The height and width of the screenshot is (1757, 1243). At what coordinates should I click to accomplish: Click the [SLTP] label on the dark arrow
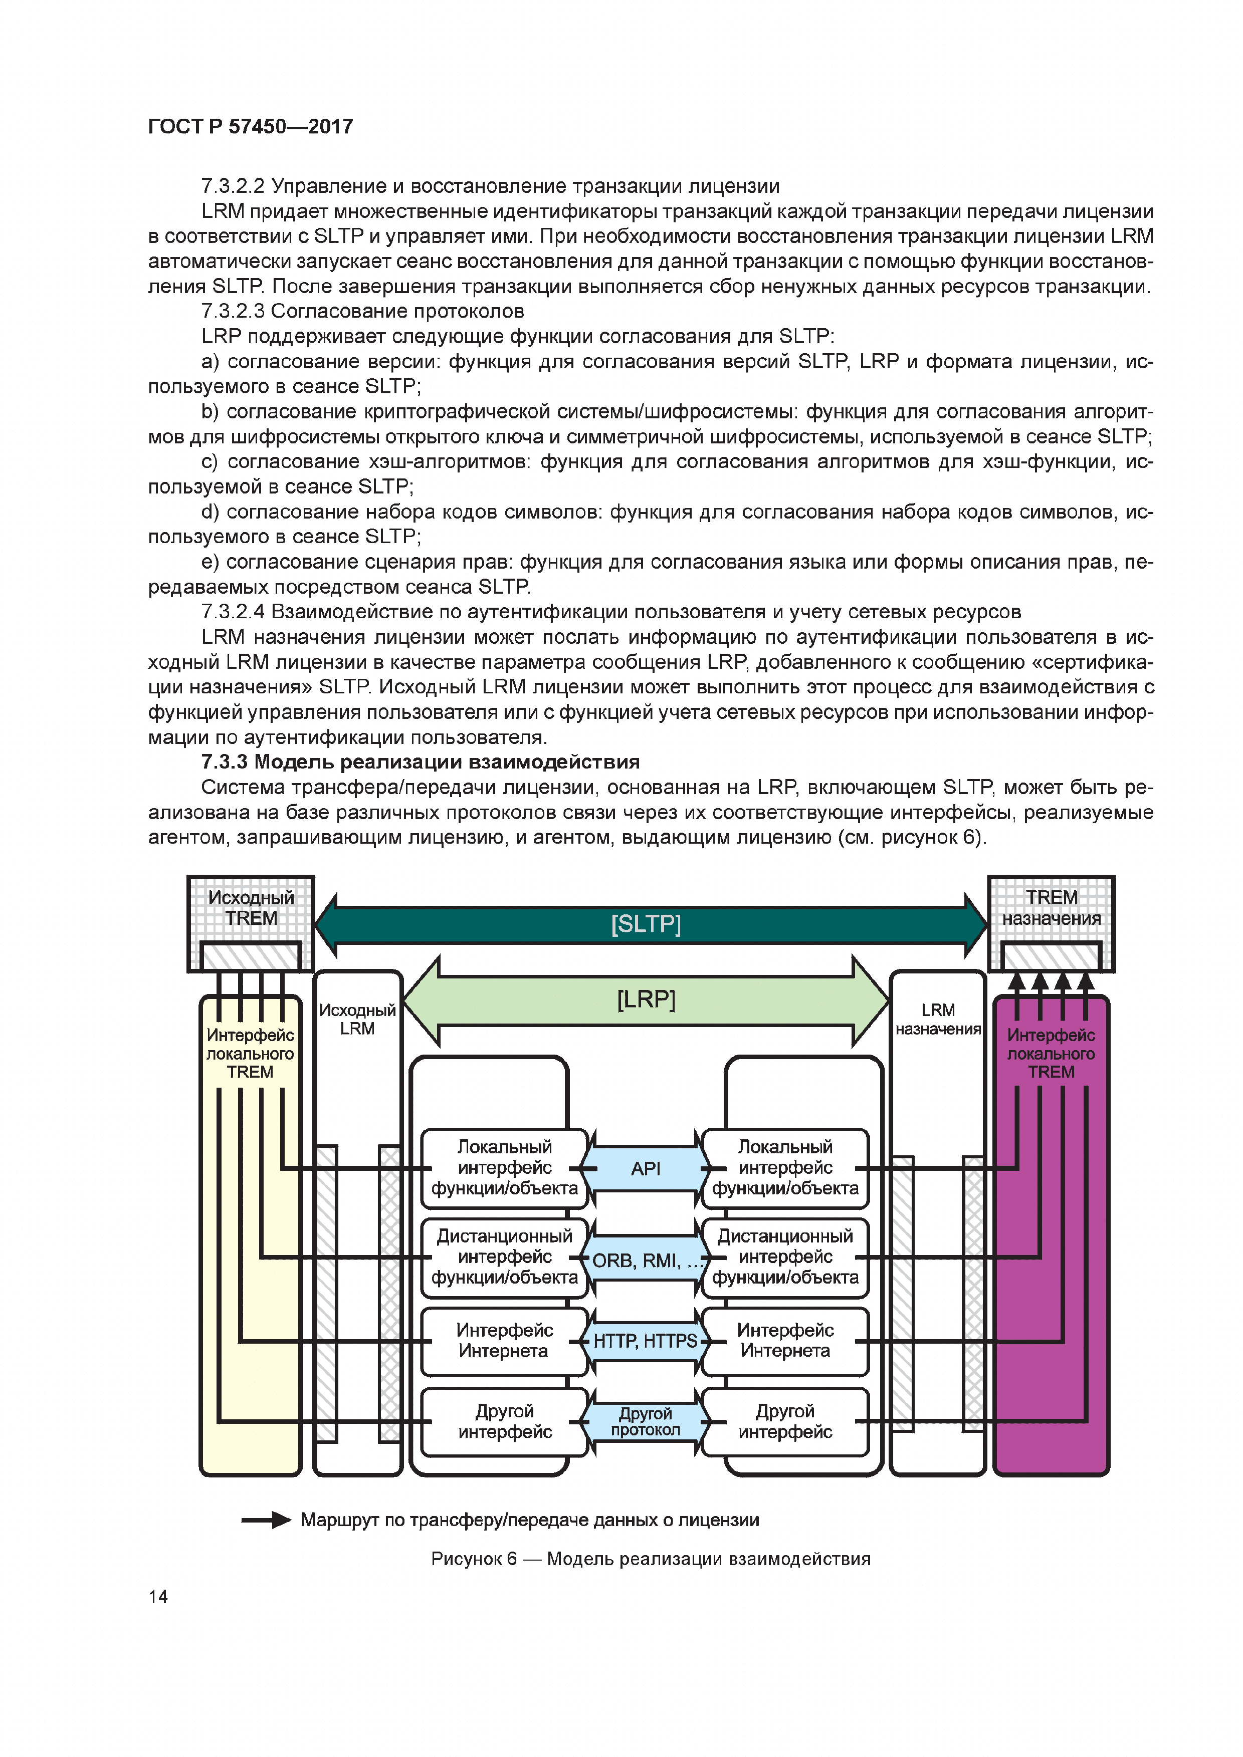645,924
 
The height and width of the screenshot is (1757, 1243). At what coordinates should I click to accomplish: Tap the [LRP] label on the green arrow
645,999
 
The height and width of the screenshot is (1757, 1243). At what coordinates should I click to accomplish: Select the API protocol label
645,1168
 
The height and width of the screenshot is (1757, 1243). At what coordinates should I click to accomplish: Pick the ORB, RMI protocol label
645,1261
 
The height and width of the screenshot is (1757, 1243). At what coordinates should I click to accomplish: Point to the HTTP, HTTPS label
645,1341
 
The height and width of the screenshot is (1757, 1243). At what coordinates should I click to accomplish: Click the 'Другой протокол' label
645,1421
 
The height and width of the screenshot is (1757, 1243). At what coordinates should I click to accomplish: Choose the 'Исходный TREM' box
251,908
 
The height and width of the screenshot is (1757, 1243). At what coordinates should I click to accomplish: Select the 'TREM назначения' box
1052,908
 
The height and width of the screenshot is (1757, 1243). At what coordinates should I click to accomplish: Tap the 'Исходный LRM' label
357,1020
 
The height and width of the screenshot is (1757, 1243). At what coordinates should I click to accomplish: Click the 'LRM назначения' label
938,1020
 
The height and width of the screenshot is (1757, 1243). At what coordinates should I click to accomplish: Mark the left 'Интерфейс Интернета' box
504,1341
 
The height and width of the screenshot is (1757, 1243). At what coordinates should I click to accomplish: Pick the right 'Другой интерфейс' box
785,1421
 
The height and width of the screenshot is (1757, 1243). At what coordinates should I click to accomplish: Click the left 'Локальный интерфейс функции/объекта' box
504,1168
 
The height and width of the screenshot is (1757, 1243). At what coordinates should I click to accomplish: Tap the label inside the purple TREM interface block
1051,1054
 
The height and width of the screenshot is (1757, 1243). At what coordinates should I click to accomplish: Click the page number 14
158,1596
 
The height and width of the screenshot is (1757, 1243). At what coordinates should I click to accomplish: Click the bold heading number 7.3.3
224,762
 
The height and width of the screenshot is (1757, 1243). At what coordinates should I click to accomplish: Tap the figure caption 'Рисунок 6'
474,1559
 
